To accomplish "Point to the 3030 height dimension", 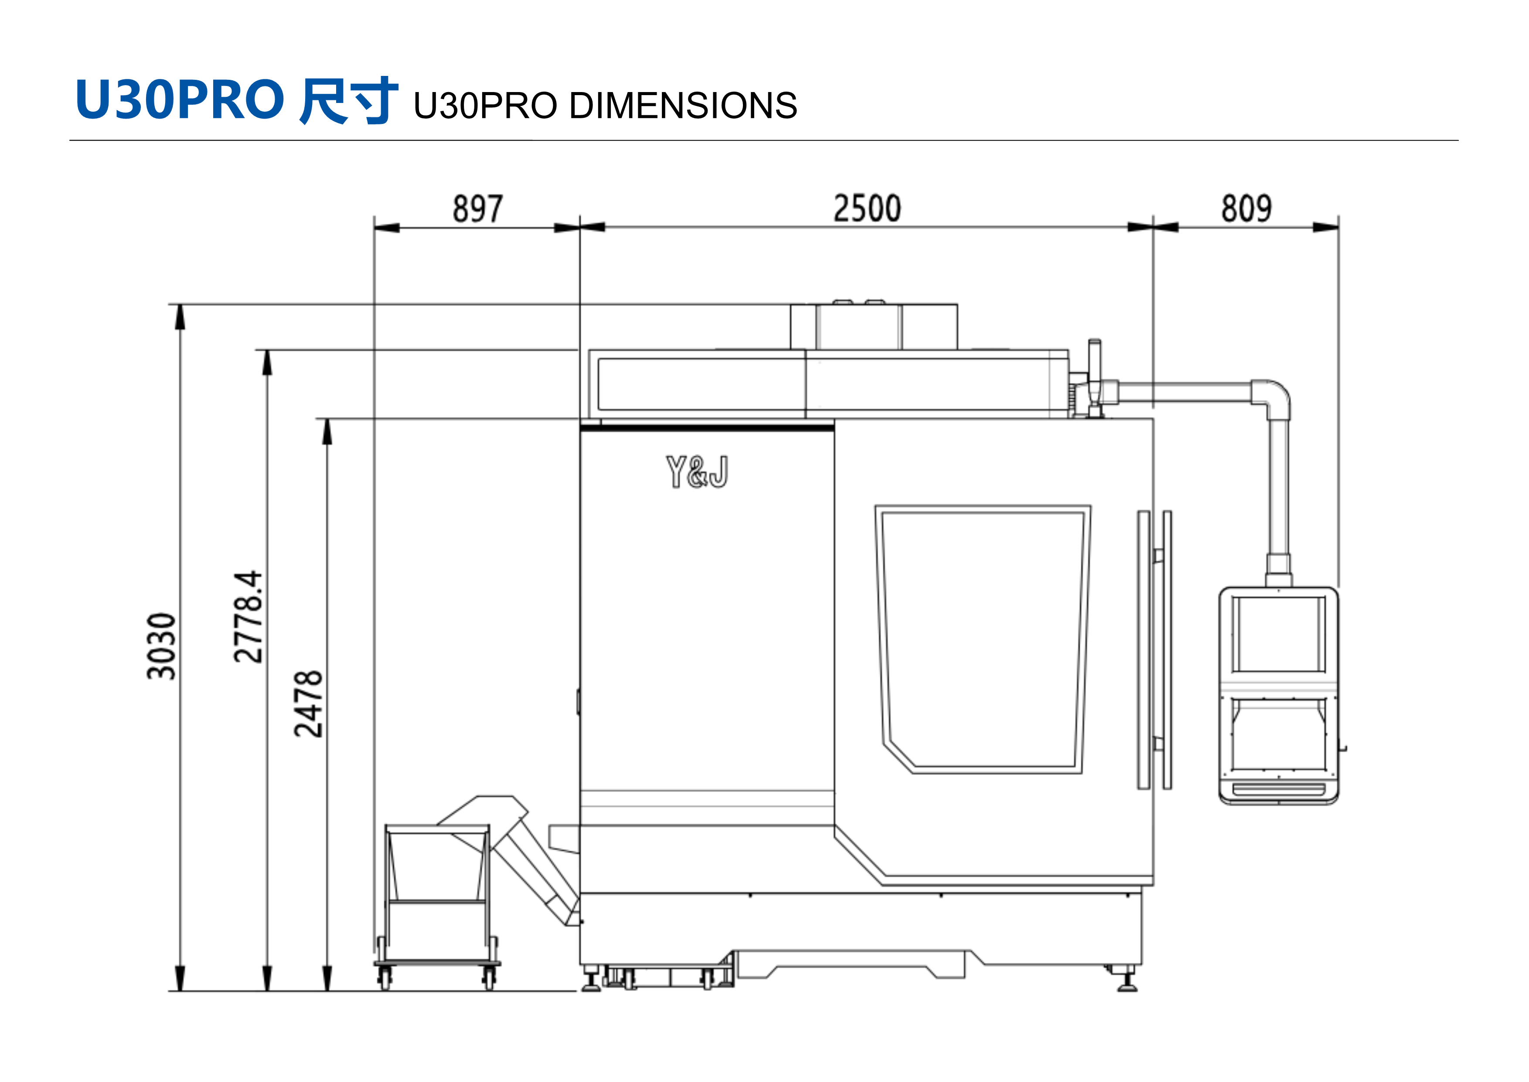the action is [161, 646].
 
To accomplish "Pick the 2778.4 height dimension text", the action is [249, 616].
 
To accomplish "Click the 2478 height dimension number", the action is [308, 704].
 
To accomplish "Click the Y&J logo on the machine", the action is [697, 472].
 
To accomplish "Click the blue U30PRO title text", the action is [180, 100].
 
